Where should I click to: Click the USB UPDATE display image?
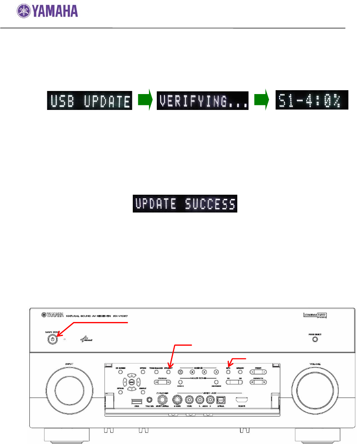90,101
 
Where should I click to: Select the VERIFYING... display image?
202,101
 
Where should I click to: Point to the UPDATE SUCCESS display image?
183,204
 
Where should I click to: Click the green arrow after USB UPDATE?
144,101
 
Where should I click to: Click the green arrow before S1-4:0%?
261,101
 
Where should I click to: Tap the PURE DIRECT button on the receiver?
315,339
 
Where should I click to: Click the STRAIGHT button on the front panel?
168,372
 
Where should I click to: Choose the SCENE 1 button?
180,372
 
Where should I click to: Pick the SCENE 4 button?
216,372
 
